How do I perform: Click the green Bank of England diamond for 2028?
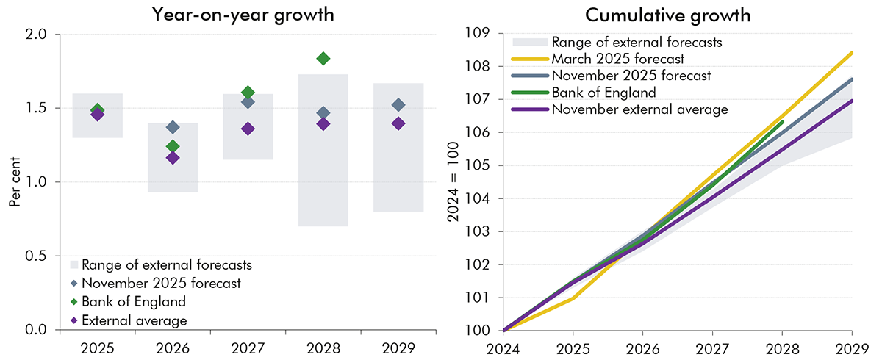(323, 58)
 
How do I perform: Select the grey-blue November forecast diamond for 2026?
(173, 127)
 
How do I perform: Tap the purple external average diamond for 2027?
(248, 129)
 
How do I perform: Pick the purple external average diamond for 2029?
(398, 123)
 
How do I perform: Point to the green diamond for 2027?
(248, 93)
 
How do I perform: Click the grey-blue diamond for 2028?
(323, 112)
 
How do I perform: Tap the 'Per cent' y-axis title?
(14, 181)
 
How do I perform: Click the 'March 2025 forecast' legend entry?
(607, 59)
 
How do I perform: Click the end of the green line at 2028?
(783, 122)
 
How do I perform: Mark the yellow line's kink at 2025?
(573, 298)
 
